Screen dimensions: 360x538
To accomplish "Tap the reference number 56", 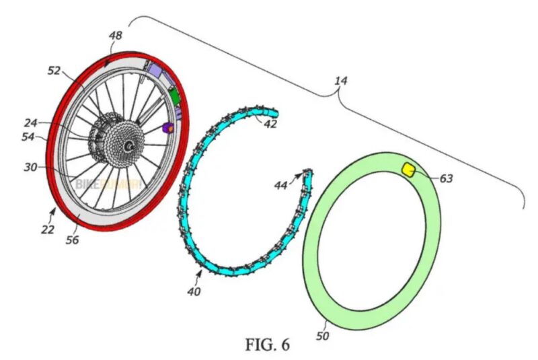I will pyautogui.click(x=72, y=240).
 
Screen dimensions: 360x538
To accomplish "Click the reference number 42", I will pyautogui.click(x=270, y=124).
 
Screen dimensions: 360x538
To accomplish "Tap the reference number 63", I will pyautogui.click(x=447, y=178).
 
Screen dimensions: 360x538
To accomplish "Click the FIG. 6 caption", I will pyautogui.click(x=268, y=346).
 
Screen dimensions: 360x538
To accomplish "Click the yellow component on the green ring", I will pyautogui.click(x=408, y=168).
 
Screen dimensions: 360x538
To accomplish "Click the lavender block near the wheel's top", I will pyautogui.click(x=157, y=69).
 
